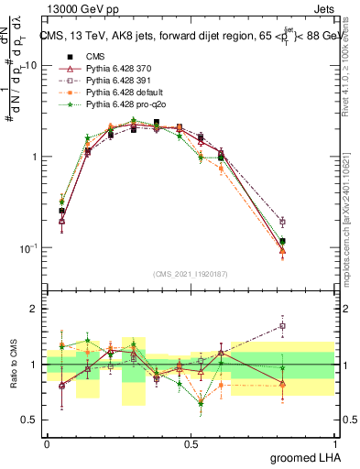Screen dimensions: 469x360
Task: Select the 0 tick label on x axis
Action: pos(47,443)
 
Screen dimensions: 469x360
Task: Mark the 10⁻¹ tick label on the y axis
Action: pos(27,248)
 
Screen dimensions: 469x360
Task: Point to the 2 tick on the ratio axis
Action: pos(35,309)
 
